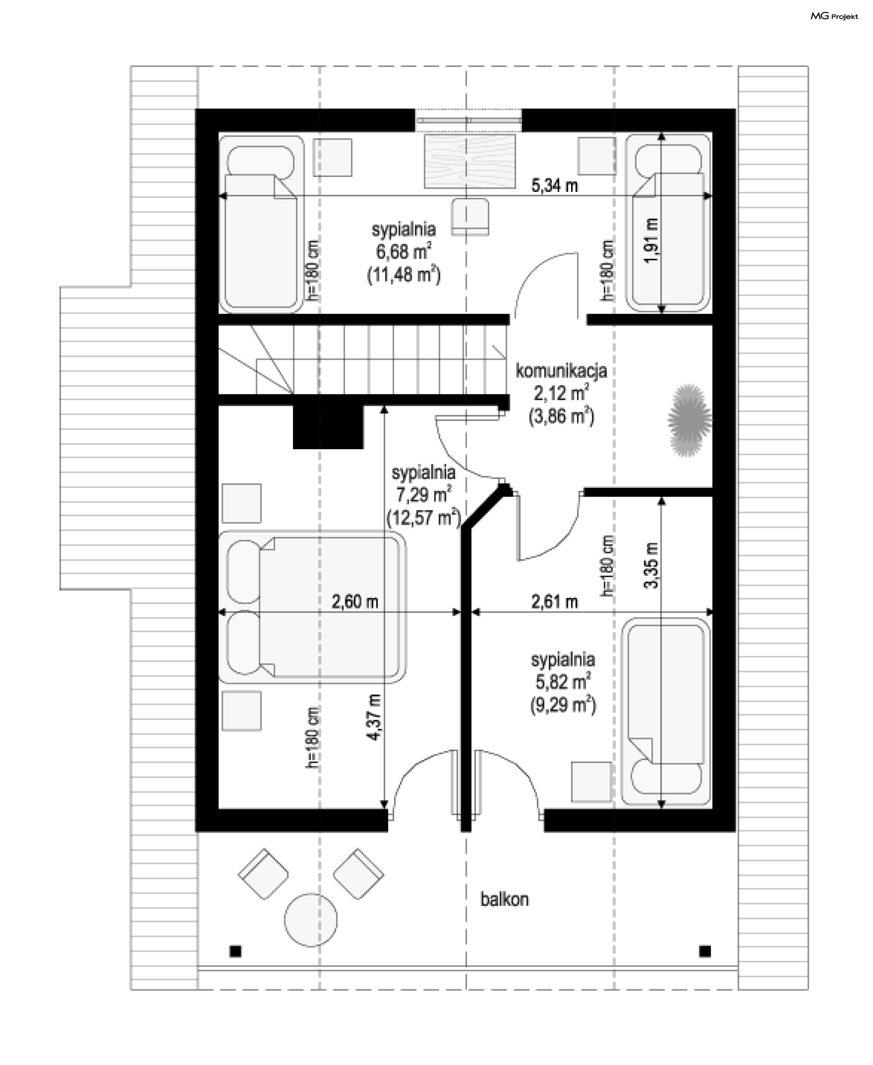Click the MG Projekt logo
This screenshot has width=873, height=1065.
tap(834, 16)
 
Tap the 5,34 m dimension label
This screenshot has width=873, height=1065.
tap(555, 186)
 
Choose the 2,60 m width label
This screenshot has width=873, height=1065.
tap(355, 601)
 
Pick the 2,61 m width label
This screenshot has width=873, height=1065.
tap(555, 601)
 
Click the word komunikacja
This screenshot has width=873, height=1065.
tap(561, 371)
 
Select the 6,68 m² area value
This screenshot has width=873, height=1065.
tap(404, 251)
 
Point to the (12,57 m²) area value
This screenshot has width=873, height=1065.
tap(423, 517)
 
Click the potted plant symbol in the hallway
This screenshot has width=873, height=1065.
tap(689, 420)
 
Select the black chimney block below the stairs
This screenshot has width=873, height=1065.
tap(328, 427)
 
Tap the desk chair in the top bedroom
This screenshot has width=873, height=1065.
tap(470, 216)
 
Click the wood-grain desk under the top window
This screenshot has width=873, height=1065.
tap(470, 161)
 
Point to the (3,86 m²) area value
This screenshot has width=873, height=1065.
tap(561, 417)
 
